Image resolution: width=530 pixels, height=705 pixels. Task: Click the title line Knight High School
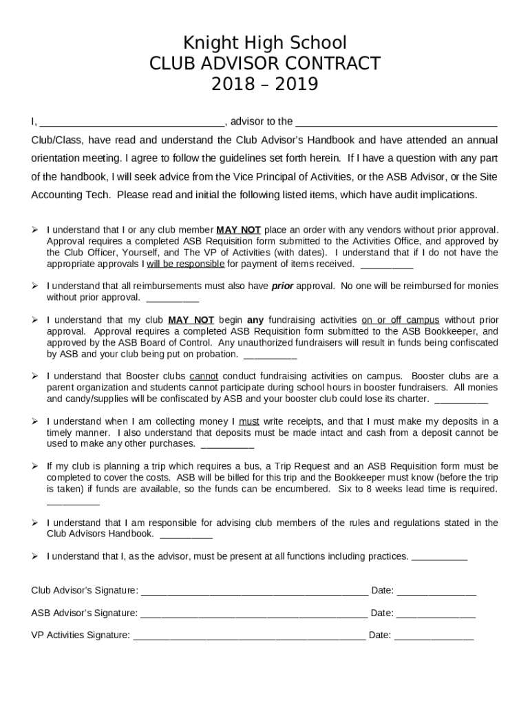click(x=265, y=43)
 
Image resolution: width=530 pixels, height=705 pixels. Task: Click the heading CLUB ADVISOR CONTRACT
click(x=265, y=63)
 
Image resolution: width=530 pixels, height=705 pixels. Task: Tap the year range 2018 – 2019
click(x=265, y=85)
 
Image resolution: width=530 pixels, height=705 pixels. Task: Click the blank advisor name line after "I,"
click(x=131, y=123)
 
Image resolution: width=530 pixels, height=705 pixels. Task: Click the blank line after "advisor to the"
click(x=396, y=123)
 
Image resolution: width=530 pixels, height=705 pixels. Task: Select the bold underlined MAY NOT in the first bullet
click(x=239, y=230)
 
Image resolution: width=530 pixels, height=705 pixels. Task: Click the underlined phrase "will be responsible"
click(x=185, y=264)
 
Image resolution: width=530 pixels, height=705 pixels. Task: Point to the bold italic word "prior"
click(x=282, y=286)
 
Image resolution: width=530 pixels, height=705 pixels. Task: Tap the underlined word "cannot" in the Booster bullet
click(x=204, y=377)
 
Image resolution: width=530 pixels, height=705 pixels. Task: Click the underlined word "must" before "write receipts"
click(x=249, y=421)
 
